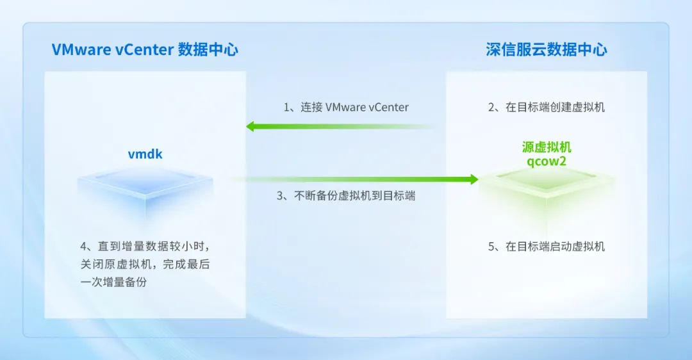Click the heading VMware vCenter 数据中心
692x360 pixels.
145,49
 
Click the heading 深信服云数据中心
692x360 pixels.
547,49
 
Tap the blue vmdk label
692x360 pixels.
145,154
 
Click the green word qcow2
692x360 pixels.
547,161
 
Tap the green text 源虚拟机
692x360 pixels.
547,147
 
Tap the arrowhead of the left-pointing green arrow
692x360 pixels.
250,127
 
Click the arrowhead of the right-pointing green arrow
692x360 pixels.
474,179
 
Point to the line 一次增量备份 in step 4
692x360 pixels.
113,282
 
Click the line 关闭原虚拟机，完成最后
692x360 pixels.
145,265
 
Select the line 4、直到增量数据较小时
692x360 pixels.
145,246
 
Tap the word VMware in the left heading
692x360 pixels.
81,49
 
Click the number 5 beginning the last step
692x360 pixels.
491,246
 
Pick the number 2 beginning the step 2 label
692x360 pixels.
491,107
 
